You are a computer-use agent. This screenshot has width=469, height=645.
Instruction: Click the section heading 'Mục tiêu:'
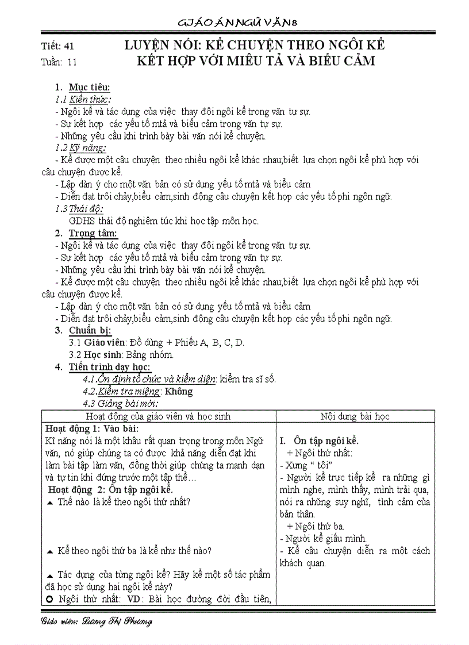click(89, 87)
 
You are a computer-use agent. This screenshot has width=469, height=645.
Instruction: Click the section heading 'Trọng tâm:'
click(93, 233)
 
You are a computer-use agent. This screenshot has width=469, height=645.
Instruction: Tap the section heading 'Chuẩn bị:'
click(90, 330)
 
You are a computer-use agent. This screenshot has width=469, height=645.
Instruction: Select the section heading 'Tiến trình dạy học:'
click(109, 367)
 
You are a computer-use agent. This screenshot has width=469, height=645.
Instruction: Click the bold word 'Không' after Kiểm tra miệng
click(179, 392)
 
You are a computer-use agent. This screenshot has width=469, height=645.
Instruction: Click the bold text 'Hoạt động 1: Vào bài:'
click(91, 428)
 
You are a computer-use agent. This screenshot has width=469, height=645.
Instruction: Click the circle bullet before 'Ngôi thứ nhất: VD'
click(49, 600)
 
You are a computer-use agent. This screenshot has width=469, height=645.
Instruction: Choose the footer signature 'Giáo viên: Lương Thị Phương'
click(97, 622)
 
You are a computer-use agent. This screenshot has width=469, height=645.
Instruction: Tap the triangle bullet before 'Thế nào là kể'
click(49, 502)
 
